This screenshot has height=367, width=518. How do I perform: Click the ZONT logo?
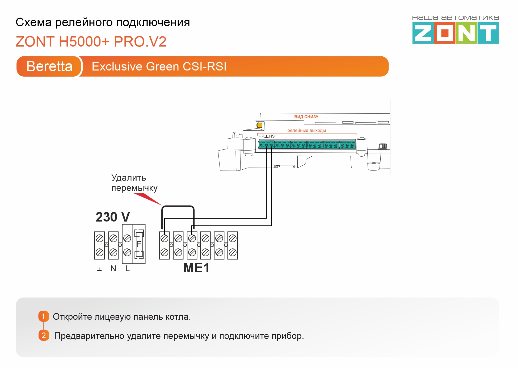coord(455,33)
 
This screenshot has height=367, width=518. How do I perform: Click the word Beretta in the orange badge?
coord(49,66)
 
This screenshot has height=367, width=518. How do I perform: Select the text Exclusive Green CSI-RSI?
coord(159,66)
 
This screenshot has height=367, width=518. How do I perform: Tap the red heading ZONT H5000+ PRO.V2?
coord(91,42)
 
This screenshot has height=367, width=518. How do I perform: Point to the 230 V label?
coord(113,217)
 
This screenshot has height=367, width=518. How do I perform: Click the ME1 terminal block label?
coord(196,268)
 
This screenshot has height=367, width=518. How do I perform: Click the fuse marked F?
coord(139,244)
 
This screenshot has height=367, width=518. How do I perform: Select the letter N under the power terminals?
coord(113,269)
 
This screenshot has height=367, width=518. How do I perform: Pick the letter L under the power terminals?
coord(128,269)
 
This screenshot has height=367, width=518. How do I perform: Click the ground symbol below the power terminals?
coord(99,269)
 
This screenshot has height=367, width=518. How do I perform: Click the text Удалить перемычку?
coord(134,183)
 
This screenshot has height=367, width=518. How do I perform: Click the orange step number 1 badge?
coord(44,316)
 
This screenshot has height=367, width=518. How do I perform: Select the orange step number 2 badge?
coord(44,335)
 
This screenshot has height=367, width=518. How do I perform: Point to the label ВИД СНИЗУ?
coord(306,117)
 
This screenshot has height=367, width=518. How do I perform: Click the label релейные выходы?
coord(306,130)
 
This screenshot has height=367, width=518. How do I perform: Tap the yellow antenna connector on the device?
coord(259,125)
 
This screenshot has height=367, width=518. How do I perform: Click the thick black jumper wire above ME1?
coord(178,206)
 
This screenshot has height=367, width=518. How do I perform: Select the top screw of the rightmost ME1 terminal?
coord(233,238)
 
